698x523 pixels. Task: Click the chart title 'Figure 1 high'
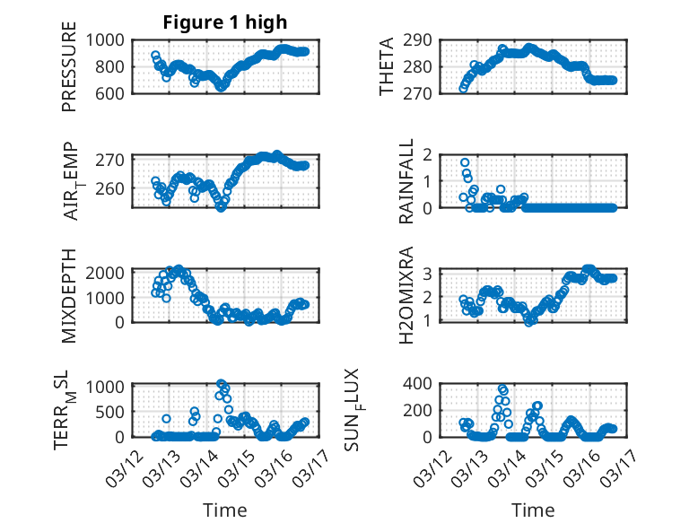pos(225,22)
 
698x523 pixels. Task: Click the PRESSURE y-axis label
pos(70,74)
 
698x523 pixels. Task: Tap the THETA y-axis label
pos(386,66)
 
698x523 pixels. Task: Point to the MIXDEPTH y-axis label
pos(70,295)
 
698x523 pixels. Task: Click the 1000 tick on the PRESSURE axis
pos(111,39)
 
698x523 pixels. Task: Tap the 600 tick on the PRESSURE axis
pos(116,93)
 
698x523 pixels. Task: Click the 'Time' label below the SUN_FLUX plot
pos(533,510)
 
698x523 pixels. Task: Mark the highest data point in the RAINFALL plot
pos(465,163)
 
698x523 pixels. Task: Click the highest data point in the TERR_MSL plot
pos(221,384)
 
